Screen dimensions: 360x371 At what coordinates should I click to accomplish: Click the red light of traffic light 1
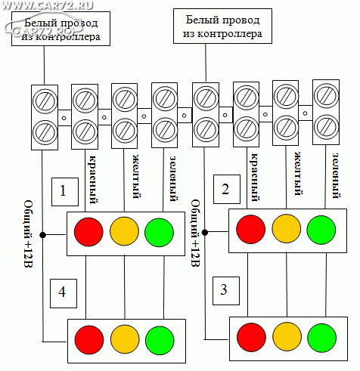pyautogui.click(x=88, y=232)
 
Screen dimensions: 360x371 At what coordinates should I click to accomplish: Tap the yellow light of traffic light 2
pyautogui.click(x=286, y=229)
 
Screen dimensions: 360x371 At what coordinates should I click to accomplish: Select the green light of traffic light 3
pyautogui.click(x=321, y=338)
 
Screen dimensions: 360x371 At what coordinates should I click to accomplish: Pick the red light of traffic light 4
pyautogui.click(x=89, y=340)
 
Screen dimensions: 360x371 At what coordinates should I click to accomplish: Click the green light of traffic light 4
pyautogui.click(x=160, y=340)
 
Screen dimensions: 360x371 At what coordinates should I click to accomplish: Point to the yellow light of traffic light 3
pyautogui.click(x=287, y=337)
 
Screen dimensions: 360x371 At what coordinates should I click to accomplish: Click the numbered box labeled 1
pyautogui.click(x=65, y=192)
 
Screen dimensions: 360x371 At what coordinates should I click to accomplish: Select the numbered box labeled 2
pyautogui.click(x=227, y=189)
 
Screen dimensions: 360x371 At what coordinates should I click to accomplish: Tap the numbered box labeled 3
pyautogui.click(x=226, y=291)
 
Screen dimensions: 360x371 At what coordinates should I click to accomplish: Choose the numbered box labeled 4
pyautogui.click(x=64, y=293)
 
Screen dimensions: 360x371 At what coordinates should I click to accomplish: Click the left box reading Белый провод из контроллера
pyautogui.click(x=61, y=29)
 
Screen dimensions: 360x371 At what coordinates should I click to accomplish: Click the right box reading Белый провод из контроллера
pyautogui.click(x=222, y=26)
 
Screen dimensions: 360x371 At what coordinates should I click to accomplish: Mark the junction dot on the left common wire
pyautogui.click(x=42, y=235)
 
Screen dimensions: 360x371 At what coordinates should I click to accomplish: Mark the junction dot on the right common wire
pyautogui.click(x=205, y=232)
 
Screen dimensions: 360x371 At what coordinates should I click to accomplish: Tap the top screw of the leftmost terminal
pyautogui.click(x=45, y=101)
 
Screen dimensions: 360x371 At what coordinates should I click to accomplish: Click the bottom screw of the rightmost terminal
pyautogui.click(x=326, y=127)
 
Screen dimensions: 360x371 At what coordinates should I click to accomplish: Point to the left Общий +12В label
pyautogui.click(x=28, y=233)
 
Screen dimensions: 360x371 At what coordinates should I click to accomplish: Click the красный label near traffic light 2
pyautogui.click(x=255, y=178)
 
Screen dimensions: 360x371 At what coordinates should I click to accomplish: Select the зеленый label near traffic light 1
pyautogui.click(x=173, y=179)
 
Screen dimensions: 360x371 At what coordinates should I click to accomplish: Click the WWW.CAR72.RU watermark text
pyautogui.click(x=48, y=5)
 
